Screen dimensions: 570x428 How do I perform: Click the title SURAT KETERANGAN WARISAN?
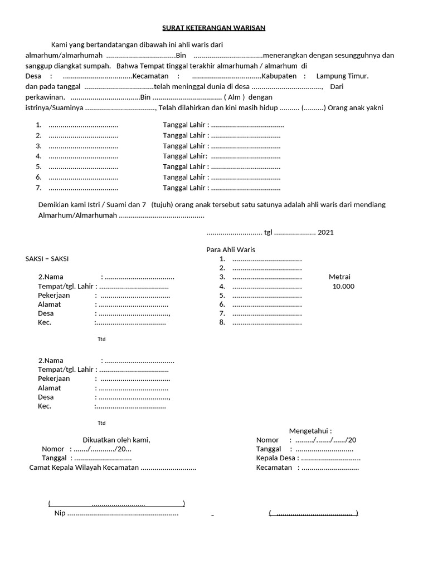[x=214, y=28]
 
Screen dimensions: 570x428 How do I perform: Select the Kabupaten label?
[x=281, y=76]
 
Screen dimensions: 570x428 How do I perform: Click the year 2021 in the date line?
[x=326, y=232]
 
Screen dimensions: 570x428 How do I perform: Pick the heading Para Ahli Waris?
[x=231, y=249]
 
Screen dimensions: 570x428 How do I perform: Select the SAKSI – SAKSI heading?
[x=48, y=259]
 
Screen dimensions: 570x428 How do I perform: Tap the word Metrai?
[x=339, y=277]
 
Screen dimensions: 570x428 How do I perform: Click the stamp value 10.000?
[x=343, y=287]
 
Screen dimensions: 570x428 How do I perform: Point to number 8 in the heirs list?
[x=222, y=322]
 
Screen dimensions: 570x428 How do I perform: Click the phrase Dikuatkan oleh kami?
[x=116, y=440]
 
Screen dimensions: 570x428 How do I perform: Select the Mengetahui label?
[x=310, y=431]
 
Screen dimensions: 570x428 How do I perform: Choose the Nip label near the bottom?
[x=59, y=513]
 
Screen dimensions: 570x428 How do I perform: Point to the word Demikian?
[x=54, y=205]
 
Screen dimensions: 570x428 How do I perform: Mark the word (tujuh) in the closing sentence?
[x=163, y=205]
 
